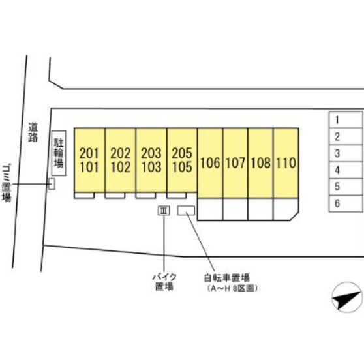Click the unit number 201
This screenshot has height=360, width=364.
click(x=89, y=153)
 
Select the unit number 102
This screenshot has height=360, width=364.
click(x=120, y=167)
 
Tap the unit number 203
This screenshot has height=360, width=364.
click(x=151, y=153)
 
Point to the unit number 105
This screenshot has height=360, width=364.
click(x=182, y=167)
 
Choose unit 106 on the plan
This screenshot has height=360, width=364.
click(x=210, y=163)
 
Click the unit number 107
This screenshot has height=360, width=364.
click(x=235, y=163)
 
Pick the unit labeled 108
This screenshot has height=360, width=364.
click(x=261, y=163)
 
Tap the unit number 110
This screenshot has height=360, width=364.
click(x=286, y=163)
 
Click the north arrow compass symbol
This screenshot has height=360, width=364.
click(x=347, y=297)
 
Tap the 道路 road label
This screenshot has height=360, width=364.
click(x=33, y=132)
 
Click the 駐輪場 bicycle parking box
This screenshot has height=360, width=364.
click(x=59, y=153)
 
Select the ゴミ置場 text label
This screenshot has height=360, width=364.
click(x=7, y=183)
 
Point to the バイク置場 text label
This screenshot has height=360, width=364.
click(x=164, y=282)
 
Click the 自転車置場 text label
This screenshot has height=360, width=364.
click(x=226, y=278)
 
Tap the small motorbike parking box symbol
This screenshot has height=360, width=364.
click(x=164, y=211)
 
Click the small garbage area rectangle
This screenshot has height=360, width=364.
click(x=52, y=184)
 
